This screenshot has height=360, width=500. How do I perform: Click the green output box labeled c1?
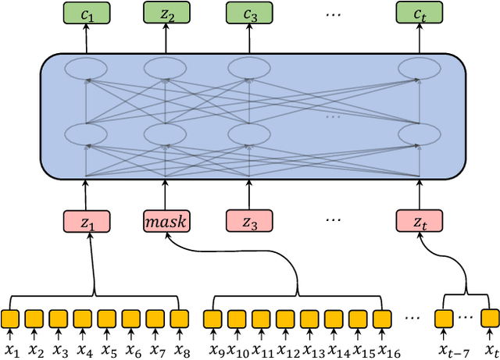coord(86,13)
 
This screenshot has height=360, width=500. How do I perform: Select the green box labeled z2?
coord(166,13)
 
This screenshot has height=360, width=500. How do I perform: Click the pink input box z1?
coord(86,221)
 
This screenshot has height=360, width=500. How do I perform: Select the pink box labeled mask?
coord(166,221)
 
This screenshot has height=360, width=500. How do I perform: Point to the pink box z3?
coord(249,221)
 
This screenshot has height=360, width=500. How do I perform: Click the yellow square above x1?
coord(10,319)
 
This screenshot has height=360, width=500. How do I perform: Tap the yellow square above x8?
coord(180,319)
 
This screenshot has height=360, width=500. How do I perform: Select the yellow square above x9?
coord(212,319)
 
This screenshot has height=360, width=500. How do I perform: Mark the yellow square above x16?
coord(381,319)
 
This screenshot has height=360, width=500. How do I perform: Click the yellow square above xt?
coord(490,319)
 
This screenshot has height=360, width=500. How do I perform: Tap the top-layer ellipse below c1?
coord(86,68)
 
